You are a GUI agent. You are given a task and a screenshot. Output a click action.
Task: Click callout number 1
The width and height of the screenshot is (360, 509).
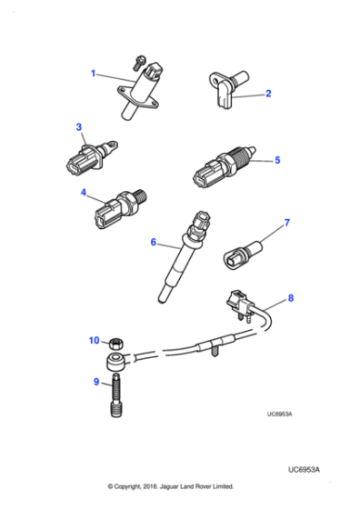(92, 73)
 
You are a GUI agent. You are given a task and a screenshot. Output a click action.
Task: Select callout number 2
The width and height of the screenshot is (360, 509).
(269, 92)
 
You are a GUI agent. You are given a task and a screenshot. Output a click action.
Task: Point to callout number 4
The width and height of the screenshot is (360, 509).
(83, 193)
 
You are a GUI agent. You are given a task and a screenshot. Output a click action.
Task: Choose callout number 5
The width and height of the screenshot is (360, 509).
(277, 160)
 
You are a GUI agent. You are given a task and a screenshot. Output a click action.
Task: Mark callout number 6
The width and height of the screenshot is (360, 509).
(154, 243)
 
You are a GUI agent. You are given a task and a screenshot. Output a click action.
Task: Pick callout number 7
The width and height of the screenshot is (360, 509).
(286, 223)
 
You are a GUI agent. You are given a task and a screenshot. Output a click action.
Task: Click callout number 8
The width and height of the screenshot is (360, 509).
(290, 296)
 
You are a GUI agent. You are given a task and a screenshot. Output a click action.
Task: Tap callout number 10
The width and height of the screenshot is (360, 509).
(93, 341)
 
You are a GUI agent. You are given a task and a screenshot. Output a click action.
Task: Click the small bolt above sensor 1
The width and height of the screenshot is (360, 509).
(136, 60)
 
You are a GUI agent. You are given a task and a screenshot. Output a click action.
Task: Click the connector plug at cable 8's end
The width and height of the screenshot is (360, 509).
(238, 302)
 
